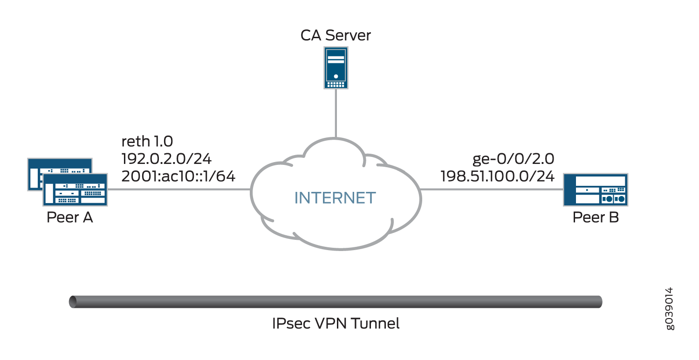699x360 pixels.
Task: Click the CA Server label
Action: coord(336,35)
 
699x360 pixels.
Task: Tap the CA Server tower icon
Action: coord(336,68)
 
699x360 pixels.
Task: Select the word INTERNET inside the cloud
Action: coord(335,197)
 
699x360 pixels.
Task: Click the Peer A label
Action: coord(70,217)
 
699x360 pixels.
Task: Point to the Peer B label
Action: coord(596,217)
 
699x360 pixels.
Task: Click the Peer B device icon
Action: coord(595,190)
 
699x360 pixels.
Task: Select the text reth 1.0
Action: coord(147,142)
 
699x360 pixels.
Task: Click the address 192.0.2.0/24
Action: coord(166,159)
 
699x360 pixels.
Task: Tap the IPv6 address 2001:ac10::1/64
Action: coord(178,177)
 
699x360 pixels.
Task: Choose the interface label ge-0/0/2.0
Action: coord(514,159)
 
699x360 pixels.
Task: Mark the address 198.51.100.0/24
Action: coord(498,177)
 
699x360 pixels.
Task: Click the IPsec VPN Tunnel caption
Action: coord(336,323)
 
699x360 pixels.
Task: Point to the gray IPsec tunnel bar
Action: coord(336,302)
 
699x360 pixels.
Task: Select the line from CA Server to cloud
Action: coord(336,114)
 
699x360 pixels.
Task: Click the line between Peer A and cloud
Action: coord(179,190)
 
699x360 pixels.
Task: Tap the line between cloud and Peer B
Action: coord(492,190)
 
